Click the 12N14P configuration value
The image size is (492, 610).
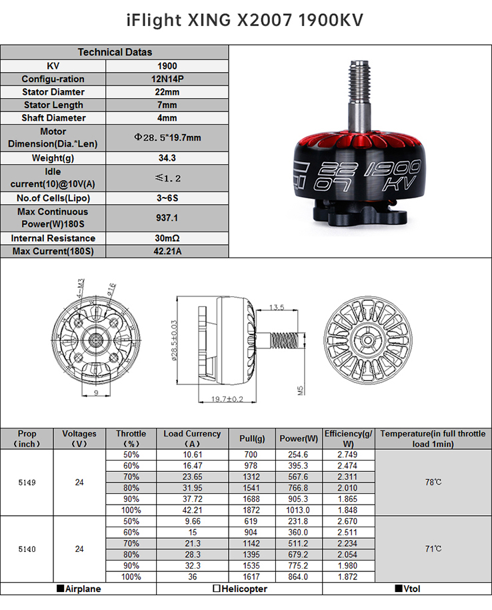click(167, 79)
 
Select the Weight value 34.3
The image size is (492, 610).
click(167, 158)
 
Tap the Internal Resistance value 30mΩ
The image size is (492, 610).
click(167, 238)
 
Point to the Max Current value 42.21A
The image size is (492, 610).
click(167, 252)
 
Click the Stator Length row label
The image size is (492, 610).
click(53, 105)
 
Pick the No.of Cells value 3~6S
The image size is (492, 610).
click(167, 198)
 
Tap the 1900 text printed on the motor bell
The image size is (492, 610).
click(392, 168)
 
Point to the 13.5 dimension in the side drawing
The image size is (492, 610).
click(277, 307)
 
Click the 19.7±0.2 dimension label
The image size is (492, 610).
click(227, 399)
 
